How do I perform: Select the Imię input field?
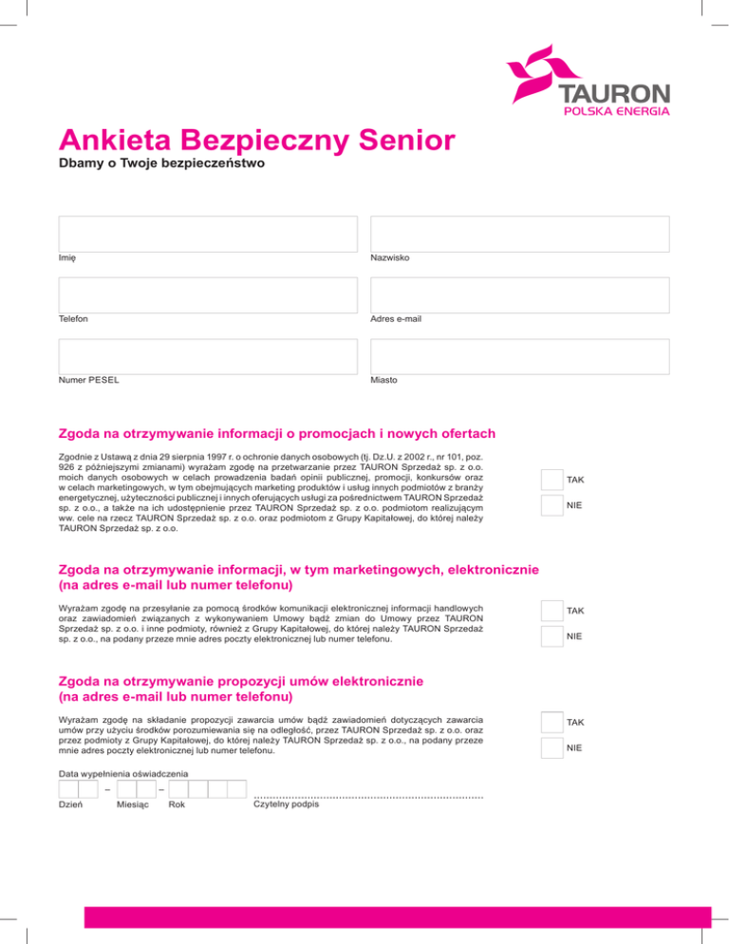[208, 234]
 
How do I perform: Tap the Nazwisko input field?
[519, 234]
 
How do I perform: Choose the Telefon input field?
[208, 294]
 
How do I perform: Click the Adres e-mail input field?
[519, 294]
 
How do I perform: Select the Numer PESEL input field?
[208, 356]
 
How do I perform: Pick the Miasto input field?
[519, 356]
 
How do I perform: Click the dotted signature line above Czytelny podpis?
[368, 795]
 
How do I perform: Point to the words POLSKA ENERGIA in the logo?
[616, 111]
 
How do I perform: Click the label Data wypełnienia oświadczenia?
[122, 773]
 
